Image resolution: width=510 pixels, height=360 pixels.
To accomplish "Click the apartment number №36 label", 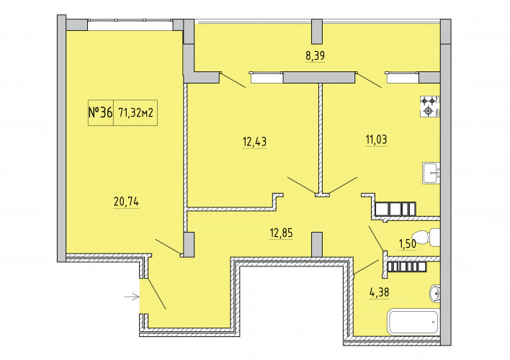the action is click(x=101, y=112).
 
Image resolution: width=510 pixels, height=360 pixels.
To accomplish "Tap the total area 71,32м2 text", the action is click(x=136, y=113).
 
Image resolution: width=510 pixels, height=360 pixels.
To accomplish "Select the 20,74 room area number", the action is click(x=126, y=202).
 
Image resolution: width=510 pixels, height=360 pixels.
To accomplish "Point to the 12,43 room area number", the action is click(x=254, y=142).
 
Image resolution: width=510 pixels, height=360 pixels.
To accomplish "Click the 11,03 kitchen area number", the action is click(x=376, y=140).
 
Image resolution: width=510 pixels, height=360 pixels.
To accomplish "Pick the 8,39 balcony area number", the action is click(x=315, y=55).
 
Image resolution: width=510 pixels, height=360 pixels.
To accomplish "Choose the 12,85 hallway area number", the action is click(x=282, y=233).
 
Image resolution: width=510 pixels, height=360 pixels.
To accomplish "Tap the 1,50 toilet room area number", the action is click(x=408, y=243).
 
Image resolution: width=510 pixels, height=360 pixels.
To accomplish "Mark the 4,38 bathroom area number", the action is click(x=379, y=292).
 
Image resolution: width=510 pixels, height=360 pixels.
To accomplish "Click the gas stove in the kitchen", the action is click(x=429, y=107).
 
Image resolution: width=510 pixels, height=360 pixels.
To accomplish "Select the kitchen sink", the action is click(x=431, y=174).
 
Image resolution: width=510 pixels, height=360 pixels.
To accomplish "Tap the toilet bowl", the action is click(x=426, y=237).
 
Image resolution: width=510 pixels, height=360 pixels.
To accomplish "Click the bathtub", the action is click(x=413, y=322).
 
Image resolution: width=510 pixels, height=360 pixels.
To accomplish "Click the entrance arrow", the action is click(x=132, y=297).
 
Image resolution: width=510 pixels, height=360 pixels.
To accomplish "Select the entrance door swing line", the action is click(x=156, y=294).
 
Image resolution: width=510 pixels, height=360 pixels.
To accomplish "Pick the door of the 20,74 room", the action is click(x=168, y=246).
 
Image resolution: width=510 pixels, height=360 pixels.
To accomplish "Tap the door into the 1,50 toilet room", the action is click(x=376, y=238).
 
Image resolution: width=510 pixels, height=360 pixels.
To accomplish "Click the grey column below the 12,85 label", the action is click(x=317, y=245).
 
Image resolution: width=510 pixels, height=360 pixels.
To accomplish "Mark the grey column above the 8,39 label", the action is click(x=317, y=32).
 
